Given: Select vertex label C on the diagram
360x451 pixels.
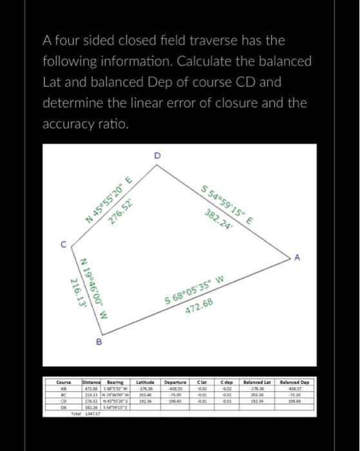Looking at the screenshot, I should (x=63, y=244).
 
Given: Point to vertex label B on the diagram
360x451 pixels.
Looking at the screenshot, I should (x=99, y=342).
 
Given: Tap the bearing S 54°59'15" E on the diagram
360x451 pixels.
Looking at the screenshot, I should (x=226, y=204).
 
